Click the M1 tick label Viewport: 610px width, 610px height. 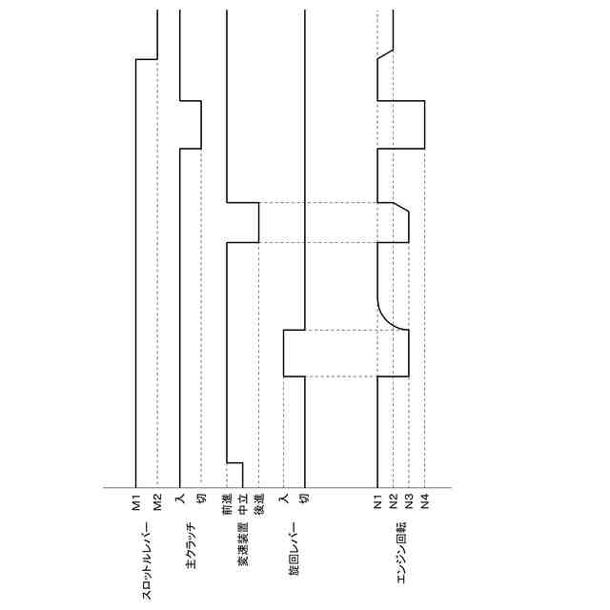(135, 502)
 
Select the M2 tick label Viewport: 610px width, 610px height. (157, 502)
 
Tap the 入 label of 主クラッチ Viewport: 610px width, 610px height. (180, 498)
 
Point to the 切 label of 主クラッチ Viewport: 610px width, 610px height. (201, 498)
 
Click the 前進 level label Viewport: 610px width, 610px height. (227, 504)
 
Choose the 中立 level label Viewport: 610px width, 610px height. (243, 504)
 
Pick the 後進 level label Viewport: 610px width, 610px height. (259, 504)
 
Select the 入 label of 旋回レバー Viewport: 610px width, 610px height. (284, 498)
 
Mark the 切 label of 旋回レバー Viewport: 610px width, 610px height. (305, 498)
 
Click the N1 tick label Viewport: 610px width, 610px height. (377, 501)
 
